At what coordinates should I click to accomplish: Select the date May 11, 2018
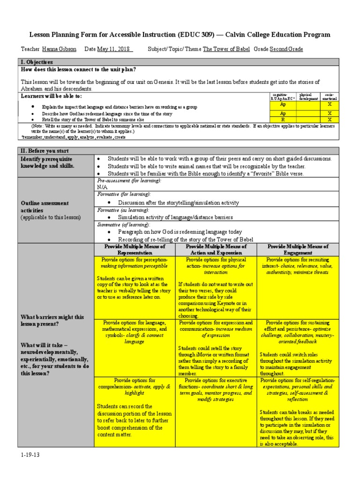click(x=114, y=49)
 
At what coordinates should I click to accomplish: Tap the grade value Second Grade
click(x=286, y=49)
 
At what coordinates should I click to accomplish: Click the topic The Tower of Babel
click(x=227, y=49)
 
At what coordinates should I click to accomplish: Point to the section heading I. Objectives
click(x=37, y=62)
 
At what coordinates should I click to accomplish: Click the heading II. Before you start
click(x=45, y=151)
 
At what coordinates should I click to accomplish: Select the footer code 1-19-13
click(x=30, y=455)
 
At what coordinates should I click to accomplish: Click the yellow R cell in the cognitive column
click(x=283, y=120)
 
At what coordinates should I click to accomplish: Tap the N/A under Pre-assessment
click(x=102, y=187)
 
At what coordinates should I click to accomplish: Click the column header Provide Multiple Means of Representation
click(x=134, y=249)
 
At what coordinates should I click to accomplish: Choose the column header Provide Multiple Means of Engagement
click(x=298, y=249)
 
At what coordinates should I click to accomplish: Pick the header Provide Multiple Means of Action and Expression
click(x=216, y=249)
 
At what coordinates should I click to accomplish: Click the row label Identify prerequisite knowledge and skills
click(x=47, y=163)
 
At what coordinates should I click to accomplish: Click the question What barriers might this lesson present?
click(x=52, y=321)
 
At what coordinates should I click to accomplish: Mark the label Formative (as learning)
click(x=122, y=210)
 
